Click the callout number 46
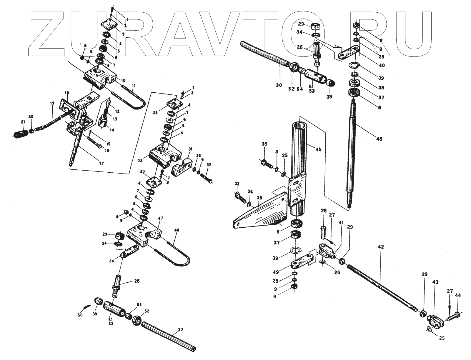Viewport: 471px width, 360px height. (x=379, y=139)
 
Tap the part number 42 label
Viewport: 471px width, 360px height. (x=381, y=247)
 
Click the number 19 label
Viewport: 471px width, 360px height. (x=52, y=103)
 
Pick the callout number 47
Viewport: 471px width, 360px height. (x=160, y=219)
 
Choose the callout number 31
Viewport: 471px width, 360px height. (x=190, y=149)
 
